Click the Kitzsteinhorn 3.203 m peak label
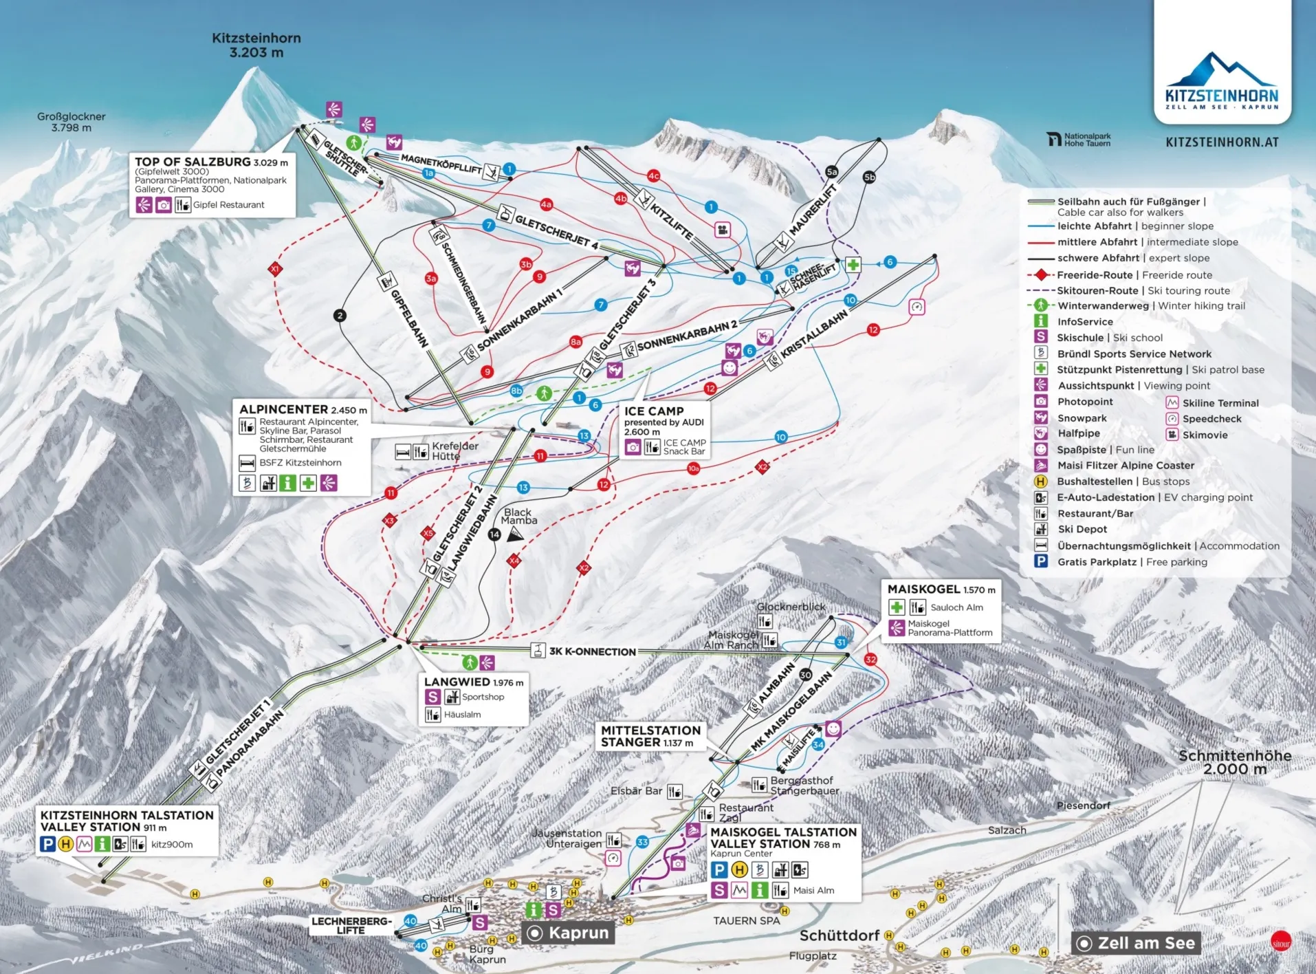pos(256,45)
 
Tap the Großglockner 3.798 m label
pos(71,122)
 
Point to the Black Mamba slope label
pos(518,517)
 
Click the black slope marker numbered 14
pos(494,534)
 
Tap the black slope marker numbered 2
pos(340,316)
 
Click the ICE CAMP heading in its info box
pos(654,411)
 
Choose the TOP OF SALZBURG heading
pos(193,162)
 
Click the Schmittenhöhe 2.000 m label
pos(1235,762)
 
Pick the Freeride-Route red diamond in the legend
pos(1041,274)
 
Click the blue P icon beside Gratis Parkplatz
pos(1041,561)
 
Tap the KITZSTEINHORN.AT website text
pos(1222,142)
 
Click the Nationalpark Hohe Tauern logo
pos(1078,140)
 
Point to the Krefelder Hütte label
pos(454,451)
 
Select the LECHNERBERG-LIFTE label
pos(351,925)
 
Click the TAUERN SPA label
pos(746,920)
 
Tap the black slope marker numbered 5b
pos(869,177)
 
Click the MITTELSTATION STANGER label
pos(650,736)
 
